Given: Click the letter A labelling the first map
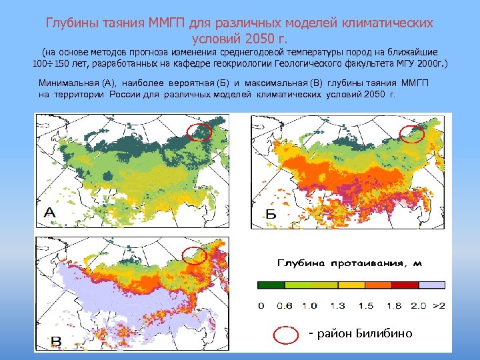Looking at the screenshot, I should coord(51,213).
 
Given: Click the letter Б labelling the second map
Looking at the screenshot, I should coord(270,213).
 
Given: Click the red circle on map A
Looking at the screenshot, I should coord(199,132).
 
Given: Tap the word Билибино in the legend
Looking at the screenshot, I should coord(385,333).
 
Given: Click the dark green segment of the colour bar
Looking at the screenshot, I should coord(271,284).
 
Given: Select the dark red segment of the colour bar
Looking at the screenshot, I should coord(405,284).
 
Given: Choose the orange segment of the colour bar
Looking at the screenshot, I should coord(378,284).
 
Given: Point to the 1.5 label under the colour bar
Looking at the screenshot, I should coord(365,306).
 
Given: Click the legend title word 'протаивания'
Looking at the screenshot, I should coord(366,263).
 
